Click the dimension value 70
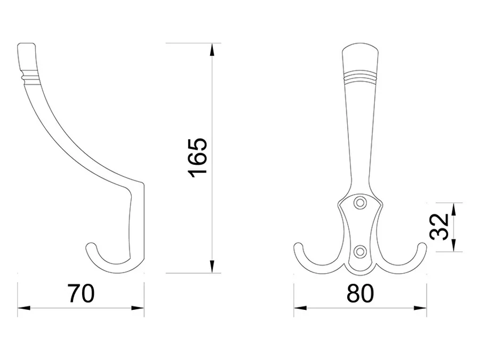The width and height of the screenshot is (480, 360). [x=81, y=293]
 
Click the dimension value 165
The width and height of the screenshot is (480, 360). [x=198, y=158]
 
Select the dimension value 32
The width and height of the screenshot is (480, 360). [x=439, y=227]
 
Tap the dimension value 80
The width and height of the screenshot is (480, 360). [x=361, y=293]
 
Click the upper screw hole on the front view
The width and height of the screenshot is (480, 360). [x=360, y=202]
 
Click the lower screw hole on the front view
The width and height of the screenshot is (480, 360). [x=360, y=251]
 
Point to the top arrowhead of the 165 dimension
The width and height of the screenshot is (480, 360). [x=212, y=50]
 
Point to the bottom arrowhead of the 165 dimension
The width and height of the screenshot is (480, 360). [x=212, y=266]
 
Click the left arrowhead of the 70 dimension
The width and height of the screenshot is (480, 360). [x=24, y=308]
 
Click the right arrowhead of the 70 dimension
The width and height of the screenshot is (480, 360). [x=138, y=308]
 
